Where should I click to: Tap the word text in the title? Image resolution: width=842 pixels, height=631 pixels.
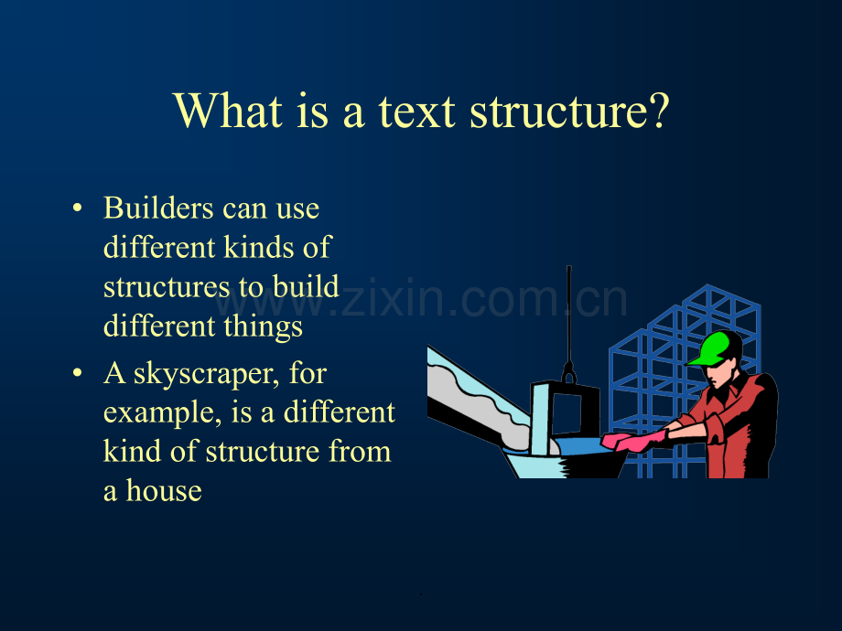[417, 112]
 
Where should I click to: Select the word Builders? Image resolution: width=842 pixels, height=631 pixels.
[159, 208]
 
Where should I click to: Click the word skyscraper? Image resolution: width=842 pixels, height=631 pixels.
[206, 375]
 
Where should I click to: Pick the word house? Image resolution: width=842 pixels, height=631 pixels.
[164, 490]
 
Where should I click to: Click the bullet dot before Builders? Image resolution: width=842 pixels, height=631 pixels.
[78, 208]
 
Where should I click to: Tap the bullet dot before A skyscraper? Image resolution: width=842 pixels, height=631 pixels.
[78, 372]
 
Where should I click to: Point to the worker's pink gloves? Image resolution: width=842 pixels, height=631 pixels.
[634, 442]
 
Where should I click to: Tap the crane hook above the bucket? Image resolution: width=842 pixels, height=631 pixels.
[569, 372]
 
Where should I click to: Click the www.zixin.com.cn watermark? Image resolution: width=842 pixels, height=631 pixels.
[421, 299]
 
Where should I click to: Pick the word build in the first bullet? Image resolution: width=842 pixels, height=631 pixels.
[306, 286]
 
